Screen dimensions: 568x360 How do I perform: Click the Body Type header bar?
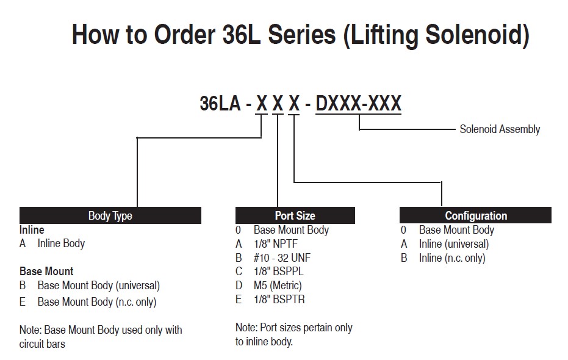click(110, 215)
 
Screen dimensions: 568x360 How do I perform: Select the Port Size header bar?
click(295, 215)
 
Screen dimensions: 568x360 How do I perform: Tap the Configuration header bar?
click(475, 215)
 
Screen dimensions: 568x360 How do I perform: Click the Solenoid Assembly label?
click(500, 129)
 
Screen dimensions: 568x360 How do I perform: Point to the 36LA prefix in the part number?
click(220, 103)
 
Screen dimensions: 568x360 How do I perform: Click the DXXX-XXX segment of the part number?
click(358, 104)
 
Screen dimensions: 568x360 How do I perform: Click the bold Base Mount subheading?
click(46, 272)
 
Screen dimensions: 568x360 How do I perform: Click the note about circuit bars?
click(101, 337)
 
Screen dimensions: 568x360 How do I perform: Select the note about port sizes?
click(294, 334)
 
